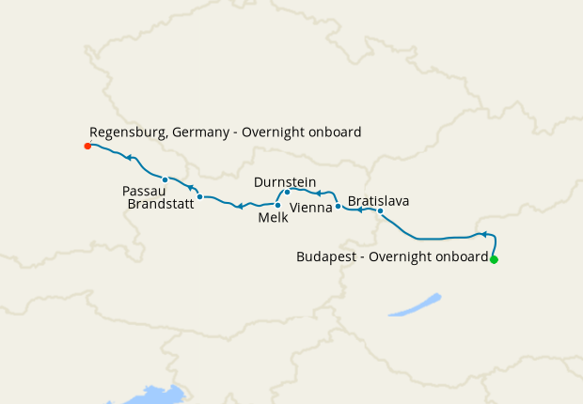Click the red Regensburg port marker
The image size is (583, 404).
(x=87, y=146)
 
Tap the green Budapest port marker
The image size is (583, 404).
(x=494, y=259)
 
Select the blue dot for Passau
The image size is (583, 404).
(x=165, y=179)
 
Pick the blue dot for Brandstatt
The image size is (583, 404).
(x=200, y=196)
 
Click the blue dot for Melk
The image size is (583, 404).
(x=277, y=205)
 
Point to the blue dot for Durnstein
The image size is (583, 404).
(x=287, y=192)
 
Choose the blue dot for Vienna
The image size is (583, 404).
(x=338, y=205)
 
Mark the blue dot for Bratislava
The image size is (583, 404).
(x=380, y=210)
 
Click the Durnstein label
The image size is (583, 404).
(x=285, y=181)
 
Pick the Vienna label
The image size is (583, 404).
(x=310, y=207)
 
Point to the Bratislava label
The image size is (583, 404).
(x=378, y=200)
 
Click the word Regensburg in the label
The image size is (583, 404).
(x=128, y=132)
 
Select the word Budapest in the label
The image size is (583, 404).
(x=326, y=256)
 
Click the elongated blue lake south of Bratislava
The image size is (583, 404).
(x=415, y=305)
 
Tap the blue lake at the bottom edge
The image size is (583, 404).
(x=150, y=395)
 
